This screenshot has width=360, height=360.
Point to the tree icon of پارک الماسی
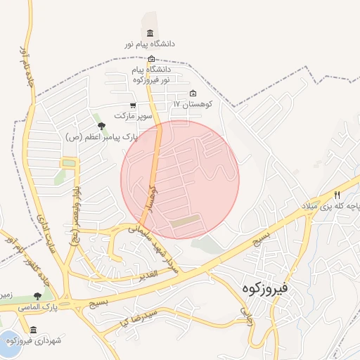coord(37,296)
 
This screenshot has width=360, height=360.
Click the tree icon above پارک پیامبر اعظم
coord(102,127)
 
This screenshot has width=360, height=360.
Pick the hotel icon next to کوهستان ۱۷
coord(193,94)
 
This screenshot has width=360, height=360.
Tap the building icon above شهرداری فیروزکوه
coord(33,329)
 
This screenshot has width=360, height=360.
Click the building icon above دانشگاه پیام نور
coord(150,33)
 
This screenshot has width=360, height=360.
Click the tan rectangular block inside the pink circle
coord(185,222)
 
